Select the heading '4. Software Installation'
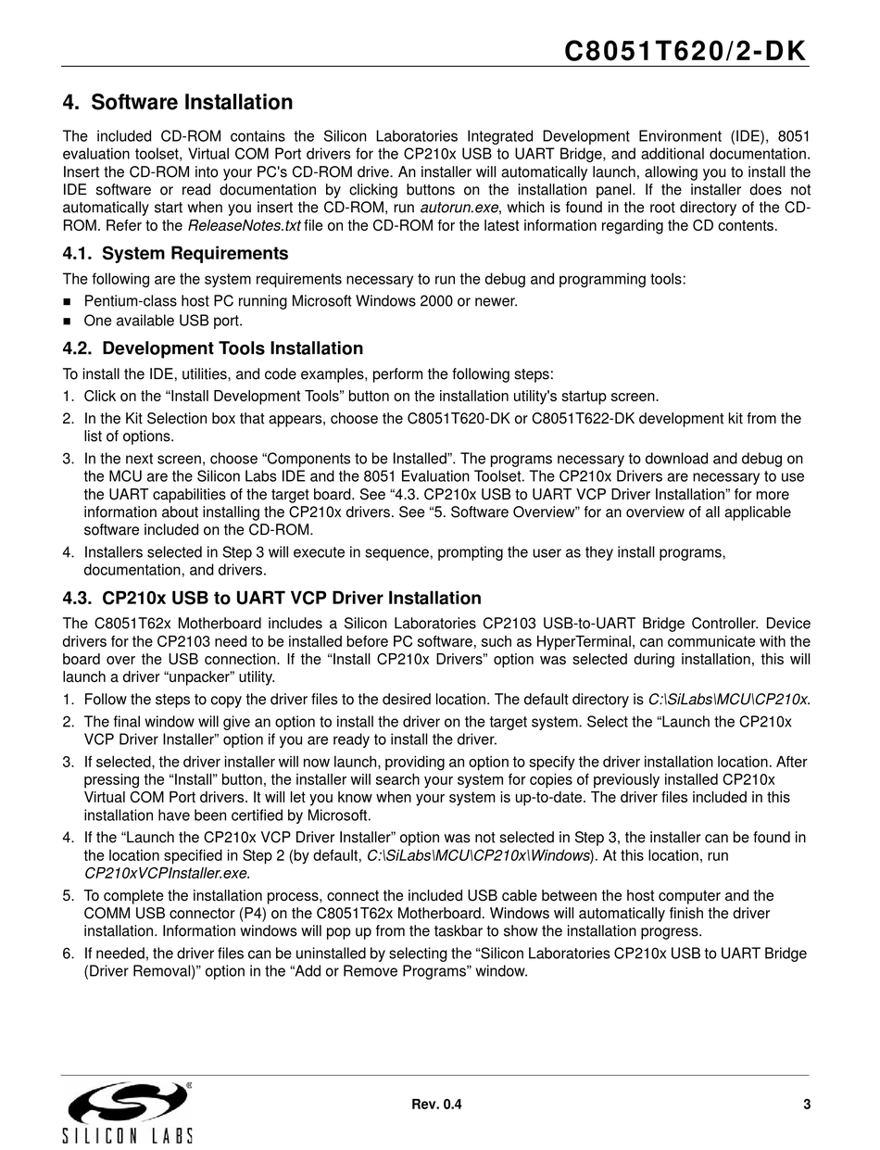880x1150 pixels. [x=177, y=103]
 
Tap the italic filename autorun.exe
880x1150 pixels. [x=455, y=206]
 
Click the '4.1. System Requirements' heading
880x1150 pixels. [x=175, y=254]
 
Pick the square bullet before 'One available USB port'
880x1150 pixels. [x=68, y=322]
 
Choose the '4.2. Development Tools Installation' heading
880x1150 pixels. [x=213, y=349]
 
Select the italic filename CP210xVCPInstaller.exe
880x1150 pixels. [x=167, y=873]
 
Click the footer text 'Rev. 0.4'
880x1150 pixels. [x=435, y=1104]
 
